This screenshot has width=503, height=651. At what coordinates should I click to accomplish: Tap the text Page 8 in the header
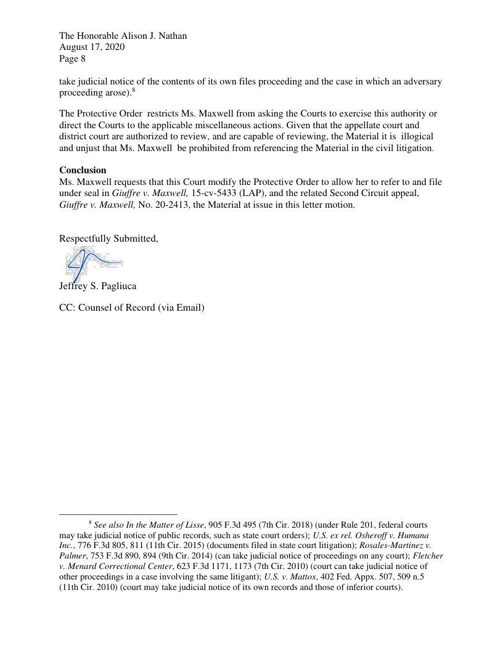72,59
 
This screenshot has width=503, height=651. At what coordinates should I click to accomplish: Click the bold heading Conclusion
83,170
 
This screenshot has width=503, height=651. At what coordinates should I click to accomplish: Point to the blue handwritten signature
92,261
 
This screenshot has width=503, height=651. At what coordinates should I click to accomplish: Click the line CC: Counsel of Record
131,308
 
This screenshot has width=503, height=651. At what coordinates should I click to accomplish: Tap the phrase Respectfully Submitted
108,239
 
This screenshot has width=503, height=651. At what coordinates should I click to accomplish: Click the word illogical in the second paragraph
417,136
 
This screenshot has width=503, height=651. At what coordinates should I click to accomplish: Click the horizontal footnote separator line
118,514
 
